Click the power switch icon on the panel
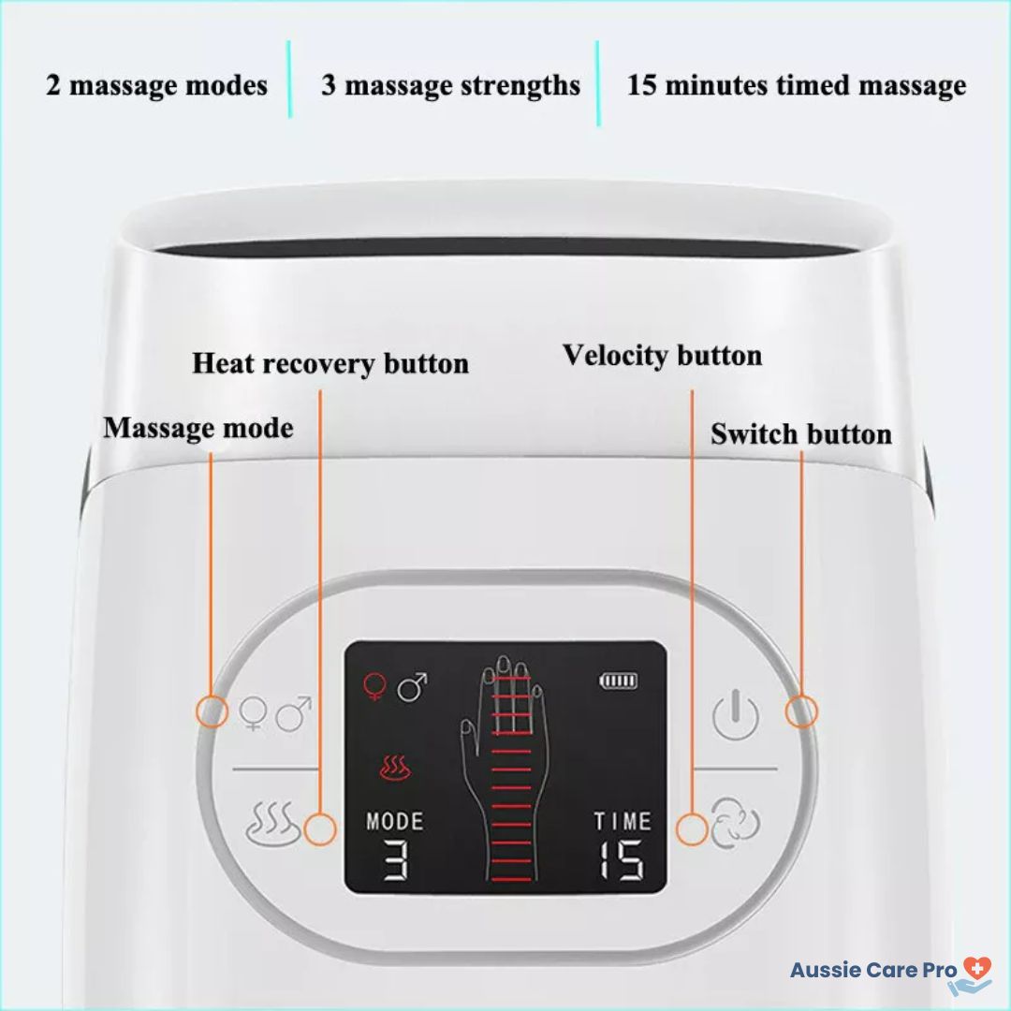[x=735, y=715]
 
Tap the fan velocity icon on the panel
[x=735, y=823]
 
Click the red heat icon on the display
[x=394, y=768]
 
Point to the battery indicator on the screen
[x=619, y=681]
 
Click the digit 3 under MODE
[x=396, y=860]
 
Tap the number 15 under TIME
[x=621, y=859]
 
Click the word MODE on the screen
[x=395, y=822]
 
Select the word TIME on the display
[x=623, y=822]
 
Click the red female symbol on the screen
[x=374, y=686]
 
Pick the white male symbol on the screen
[x=412, y=687]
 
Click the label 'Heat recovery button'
[x=330, y=363]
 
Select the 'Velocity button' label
[x=662, y=356]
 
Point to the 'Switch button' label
[x=801, y=434]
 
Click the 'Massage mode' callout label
[x=198, y=428]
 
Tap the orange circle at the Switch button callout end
[x=801, y=711]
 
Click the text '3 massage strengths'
[x=450, y=86]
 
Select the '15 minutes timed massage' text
[x=797, y=86]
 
